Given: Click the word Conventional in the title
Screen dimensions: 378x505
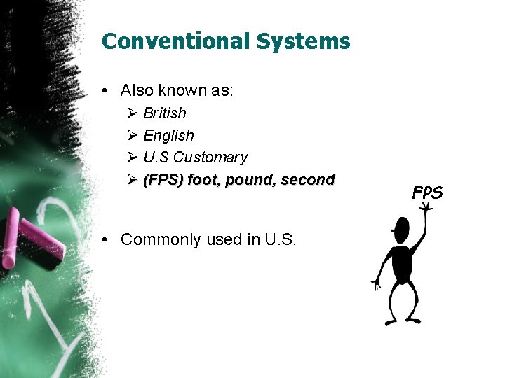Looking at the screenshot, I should (176, 41).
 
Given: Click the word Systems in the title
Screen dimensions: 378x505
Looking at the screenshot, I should (303, 41).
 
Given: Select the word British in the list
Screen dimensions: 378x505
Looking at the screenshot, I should (165, 113).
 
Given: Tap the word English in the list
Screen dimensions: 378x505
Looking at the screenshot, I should (168, 136).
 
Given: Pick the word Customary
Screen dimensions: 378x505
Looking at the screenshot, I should (210, 157).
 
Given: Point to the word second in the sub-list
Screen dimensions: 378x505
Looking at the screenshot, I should (308, 180).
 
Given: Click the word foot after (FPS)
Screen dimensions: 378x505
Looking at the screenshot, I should (203, 180).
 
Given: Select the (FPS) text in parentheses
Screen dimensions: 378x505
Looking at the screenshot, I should (163, 180).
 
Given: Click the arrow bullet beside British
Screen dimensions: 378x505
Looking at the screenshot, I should (133, 113).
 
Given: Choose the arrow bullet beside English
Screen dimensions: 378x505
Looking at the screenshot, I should (133, 136).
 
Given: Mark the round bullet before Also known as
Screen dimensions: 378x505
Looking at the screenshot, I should (104, 91).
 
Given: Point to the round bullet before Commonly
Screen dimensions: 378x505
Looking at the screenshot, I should (104, 240).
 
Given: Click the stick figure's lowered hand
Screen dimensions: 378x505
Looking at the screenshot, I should (376, 284).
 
